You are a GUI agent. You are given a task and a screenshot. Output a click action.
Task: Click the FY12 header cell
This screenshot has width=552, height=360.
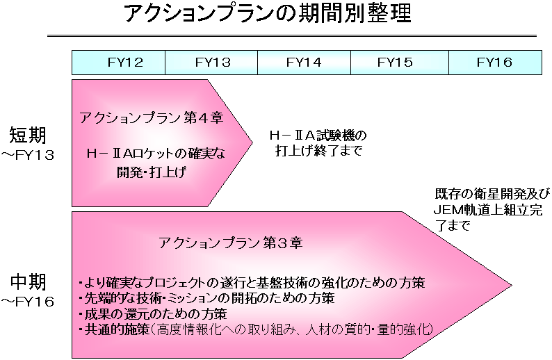[118, 63]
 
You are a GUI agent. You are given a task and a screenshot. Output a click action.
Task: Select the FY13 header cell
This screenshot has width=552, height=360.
[211, 63]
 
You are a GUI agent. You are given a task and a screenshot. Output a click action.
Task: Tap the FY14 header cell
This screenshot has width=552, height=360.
[305, 63]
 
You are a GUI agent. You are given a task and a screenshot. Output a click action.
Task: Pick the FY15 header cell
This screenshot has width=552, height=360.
[400, 63]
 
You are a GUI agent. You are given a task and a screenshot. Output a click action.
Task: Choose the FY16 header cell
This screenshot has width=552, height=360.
[495, 63]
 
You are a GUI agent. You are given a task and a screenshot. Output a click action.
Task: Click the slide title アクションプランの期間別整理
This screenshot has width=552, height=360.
[268, 13]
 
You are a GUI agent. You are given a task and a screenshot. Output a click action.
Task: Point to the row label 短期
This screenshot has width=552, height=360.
[27, 135]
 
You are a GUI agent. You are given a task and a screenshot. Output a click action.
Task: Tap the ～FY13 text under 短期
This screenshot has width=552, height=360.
[27, 155]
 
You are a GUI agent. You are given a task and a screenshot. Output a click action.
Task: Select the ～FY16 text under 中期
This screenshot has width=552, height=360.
[27, 302]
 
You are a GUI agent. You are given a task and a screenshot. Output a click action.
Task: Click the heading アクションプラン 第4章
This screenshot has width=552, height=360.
[152, 117]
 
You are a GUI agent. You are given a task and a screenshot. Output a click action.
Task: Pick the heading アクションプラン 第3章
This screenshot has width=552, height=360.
[231, 243]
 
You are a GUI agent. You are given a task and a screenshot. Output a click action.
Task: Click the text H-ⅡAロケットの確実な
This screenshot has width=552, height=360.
[156, 154]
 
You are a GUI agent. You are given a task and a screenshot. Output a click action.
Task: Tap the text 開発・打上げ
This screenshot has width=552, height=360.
[152, 172]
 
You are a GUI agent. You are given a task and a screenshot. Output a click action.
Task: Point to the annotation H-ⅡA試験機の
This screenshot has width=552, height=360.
[318, 135]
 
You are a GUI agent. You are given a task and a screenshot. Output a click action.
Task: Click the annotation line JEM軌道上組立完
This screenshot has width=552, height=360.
[487, 210]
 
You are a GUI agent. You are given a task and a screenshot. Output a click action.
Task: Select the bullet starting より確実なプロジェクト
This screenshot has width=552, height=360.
[252, 283]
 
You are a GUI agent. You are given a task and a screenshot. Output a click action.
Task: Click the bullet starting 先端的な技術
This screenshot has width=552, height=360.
[206, 298]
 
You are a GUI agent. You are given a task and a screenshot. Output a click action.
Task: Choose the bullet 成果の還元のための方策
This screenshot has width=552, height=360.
[152, 313]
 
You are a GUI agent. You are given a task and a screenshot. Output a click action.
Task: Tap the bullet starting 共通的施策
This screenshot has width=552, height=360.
[256, 329]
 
